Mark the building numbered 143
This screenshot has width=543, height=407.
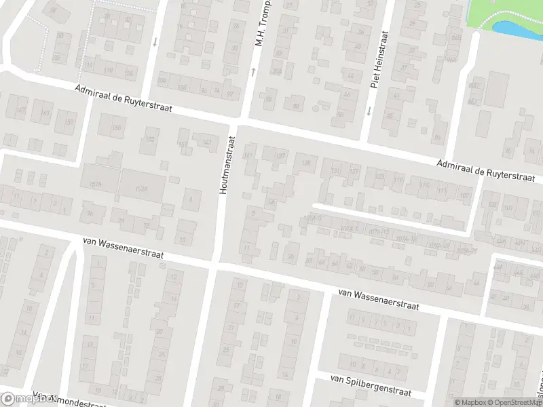(x=206, y=142)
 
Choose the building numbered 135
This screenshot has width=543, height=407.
(x=306, y=163)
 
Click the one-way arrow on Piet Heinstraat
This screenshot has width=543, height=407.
(x=370, y=110)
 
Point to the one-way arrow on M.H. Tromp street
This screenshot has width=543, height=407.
(x=253, y=71)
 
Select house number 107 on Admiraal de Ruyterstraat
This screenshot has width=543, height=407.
(x=464, y=197)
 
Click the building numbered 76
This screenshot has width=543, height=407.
(x=122, y=220)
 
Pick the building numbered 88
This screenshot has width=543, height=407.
(x=295, y=105)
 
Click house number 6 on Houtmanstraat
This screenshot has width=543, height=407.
(x=192, y=199)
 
